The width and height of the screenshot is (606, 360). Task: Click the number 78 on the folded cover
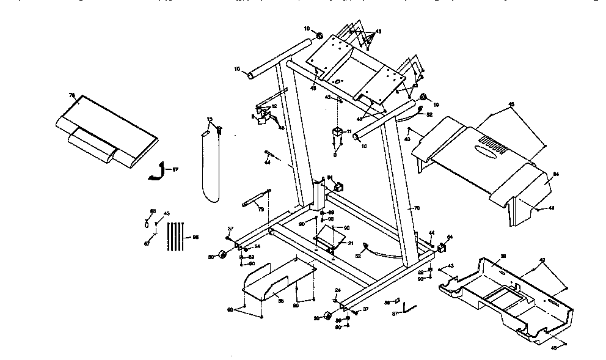click(x=71, y=96)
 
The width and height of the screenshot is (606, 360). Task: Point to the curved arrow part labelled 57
click(x=158, y=170)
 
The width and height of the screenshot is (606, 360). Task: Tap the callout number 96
click(x=196, y=237)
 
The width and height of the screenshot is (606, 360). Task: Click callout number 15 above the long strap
click(x=209, y=120)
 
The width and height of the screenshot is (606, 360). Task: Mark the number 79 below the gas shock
click(x=261, y=210)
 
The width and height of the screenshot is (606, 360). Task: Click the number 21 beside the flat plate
click(x=350, y=243)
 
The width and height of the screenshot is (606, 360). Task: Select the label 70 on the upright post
click(x=417, y=208)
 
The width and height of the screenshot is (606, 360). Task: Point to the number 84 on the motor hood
click(x=556, y=175)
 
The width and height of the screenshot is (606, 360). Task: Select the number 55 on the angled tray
click(x=282, y=300)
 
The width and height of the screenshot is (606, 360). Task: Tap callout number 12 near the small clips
click(x=274, y=106)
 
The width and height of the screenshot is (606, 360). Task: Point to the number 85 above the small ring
click(x=154, y=211)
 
